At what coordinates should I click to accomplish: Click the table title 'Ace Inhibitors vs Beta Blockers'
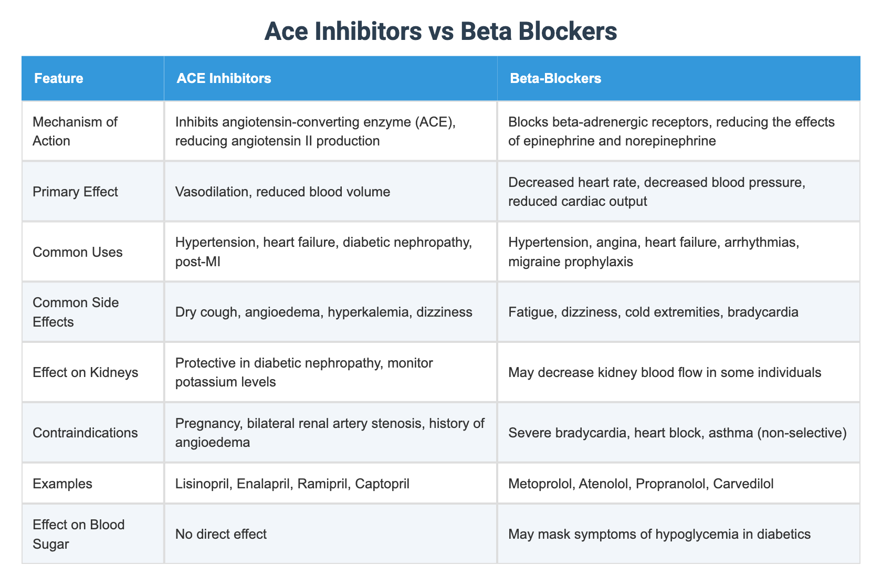pyautogui.click(x=440, y=32)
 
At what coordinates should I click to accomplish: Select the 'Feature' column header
pyautogui.click(x=58, y=79)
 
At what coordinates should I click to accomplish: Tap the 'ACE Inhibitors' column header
pyautogui.click(x=224, y=79)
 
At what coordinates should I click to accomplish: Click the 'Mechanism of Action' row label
pyautogui.click(x=75, y=131)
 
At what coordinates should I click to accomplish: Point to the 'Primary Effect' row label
pyautogui.click(x=75, y=192)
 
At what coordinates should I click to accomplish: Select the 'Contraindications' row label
pyautogui.click(x=85, y=433)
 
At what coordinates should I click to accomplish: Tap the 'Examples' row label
pyautogui.click(x=62, y=484)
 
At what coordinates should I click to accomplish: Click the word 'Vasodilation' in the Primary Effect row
pyautogui.click(x=208, y=192)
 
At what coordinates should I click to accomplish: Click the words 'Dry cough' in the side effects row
pyautogui.click(x=202, y=312)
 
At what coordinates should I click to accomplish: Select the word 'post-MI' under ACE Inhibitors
pyautogui.click(x=198, y=261)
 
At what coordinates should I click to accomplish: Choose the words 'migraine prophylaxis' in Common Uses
pyautogui.click(x=571, y=261)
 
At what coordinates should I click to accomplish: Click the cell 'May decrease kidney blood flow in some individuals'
pyautogui.click(x=665, y=373)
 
